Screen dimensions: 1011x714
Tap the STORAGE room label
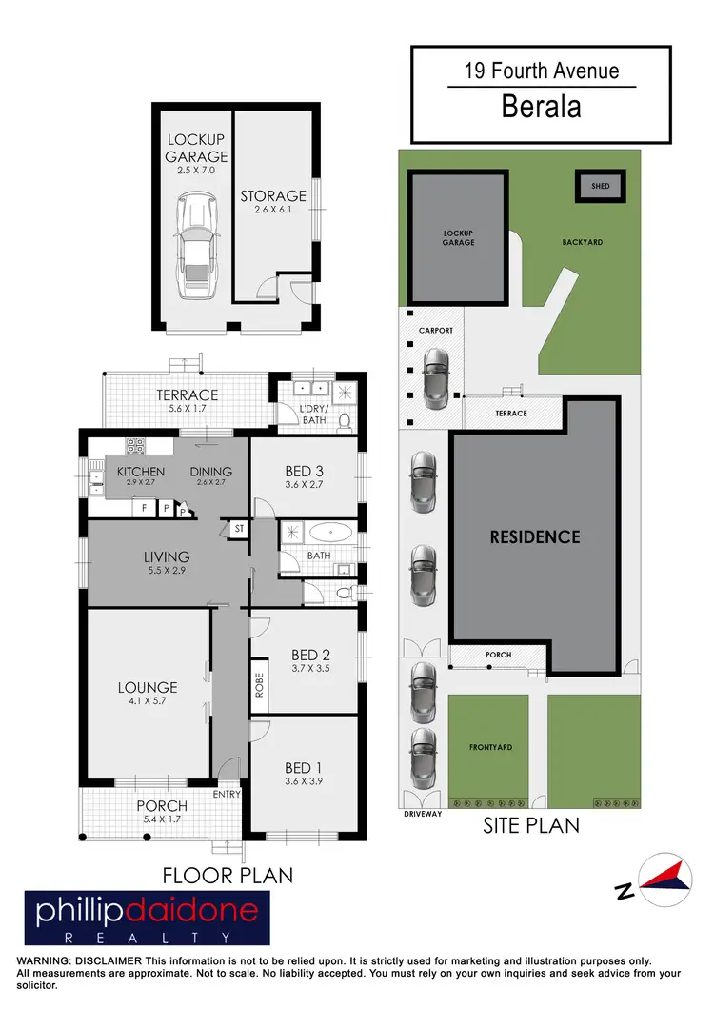[272, 196]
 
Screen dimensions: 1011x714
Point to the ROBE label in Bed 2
[258, 687]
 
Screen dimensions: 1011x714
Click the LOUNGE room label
[148, 687]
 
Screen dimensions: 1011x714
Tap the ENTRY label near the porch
[228, 794]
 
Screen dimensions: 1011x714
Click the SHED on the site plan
[600, 187]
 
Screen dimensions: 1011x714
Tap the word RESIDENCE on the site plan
[534, 536]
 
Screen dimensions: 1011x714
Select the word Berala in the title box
[542, 107]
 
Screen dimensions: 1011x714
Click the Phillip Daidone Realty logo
[148, 917]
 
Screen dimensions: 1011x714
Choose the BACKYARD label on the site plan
[583, 243]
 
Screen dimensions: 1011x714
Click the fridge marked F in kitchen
[144, 509]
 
